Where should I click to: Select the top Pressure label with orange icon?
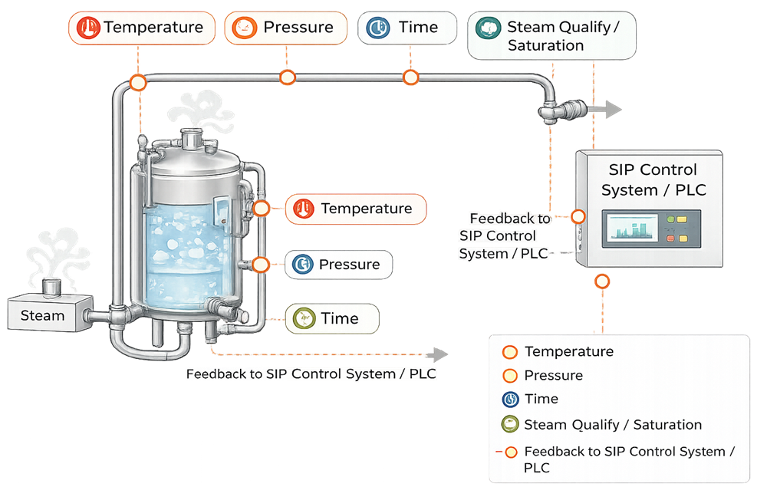pos(283,28)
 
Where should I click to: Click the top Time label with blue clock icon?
pos(406,28)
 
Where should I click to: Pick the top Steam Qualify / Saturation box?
pos(551,37)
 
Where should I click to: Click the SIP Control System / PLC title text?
pos(653,179)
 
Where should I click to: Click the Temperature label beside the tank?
pos(355,209)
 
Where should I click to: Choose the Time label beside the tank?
pos(331,319)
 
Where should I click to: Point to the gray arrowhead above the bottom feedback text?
pos(440,354)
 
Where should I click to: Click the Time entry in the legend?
pos(541,399)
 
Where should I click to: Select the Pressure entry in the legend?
pos(553,376)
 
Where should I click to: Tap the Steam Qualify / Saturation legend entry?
pos(612,425)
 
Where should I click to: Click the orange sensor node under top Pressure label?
pos(288,77)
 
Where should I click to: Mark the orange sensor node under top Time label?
pos(410,77)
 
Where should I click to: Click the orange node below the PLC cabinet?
pos(602,281)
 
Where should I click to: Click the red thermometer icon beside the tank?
pos(304,209)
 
